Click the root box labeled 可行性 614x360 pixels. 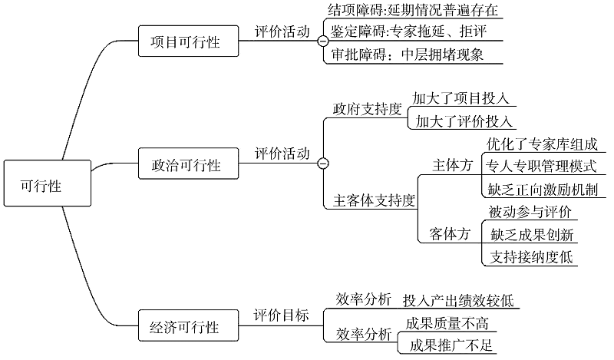[48, 183]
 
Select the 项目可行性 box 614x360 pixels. [188, 41]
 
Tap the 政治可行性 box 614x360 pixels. [188, 163]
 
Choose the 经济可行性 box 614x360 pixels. [188, 325]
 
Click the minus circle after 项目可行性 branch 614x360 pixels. [323, 41]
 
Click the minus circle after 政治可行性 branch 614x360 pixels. [323, 163]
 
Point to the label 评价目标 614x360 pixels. [281, 315]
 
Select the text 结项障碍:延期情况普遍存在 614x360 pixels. [413, 9]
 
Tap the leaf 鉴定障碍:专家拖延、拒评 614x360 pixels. [408, 31]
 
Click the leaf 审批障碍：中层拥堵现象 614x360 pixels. [407, 54]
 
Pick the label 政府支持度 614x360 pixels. [368, 109]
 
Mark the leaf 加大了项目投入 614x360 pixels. [460, 98]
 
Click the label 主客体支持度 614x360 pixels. [374, 200]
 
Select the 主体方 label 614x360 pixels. [452, 165]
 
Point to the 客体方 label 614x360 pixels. [450, 234]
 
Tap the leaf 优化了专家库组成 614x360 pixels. [543, 144]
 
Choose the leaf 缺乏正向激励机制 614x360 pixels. [543, 190]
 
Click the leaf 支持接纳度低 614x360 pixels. [531, 257]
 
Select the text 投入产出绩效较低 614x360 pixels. [458, 301]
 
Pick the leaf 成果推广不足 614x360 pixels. [451, 345]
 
